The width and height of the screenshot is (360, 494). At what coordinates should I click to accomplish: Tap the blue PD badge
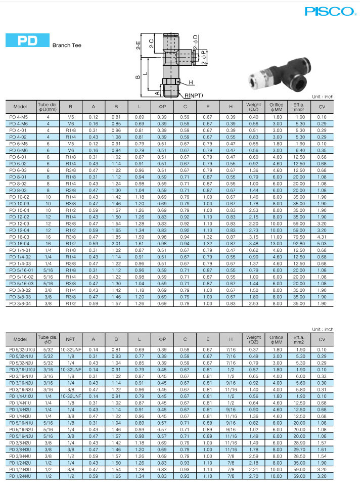point(27,41)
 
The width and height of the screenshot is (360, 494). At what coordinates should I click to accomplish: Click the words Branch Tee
point(67,45)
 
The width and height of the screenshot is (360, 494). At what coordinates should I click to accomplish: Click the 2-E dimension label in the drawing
point(138,48)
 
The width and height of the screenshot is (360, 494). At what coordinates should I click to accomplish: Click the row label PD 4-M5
point(19,117)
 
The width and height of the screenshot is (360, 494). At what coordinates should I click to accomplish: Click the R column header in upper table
point(70,107)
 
